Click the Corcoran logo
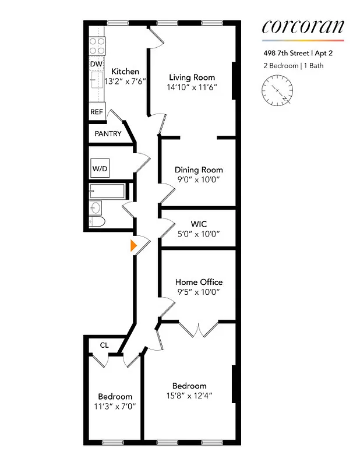pos(302,27)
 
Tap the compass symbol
pos(277,91)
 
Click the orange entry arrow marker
pos(133,246)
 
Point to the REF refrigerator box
pos(97,112)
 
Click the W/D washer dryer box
pos(100,169)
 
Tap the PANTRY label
pos(108,134)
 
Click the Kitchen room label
pos(125,72)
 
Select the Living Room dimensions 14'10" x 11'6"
pos(192,87)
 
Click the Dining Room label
pos(199,170)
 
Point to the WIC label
pos(199,224)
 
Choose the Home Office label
pos(199,282)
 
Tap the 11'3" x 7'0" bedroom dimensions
pos(115,407)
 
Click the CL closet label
pos(104,345)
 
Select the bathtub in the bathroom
pos(107,190)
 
